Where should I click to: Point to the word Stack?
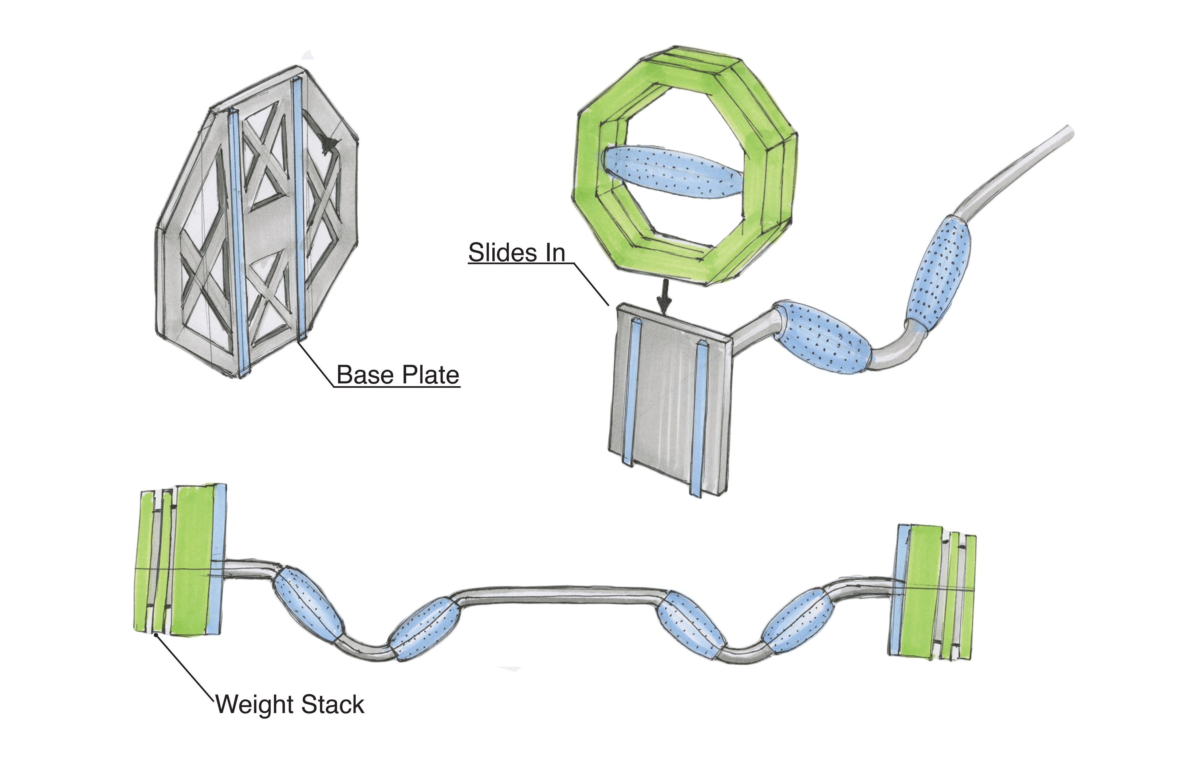point(333,704)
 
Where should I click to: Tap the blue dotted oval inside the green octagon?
point(673,172)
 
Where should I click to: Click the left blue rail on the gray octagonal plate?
point(237,243)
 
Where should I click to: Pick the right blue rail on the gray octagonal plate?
point(300,208)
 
